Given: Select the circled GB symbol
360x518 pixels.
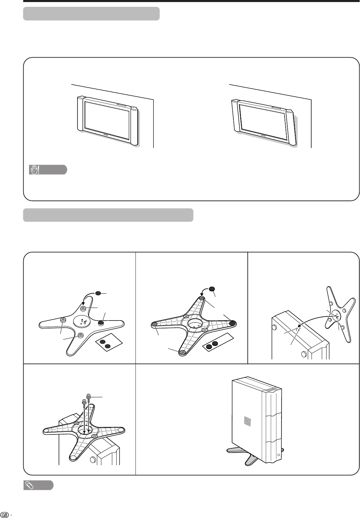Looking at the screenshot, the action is click(x=5, y=515).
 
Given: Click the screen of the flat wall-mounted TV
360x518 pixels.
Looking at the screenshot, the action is click(x=107, y=120).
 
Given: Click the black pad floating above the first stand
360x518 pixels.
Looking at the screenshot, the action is click(x=98, y=293).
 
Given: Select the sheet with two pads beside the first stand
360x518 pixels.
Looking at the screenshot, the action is click(x=109, y=342).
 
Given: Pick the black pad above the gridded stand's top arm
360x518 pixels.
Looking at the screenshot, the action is click(x=212, y=288).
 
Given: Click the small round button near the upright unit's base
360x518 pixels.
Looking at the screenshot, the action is click(x=278, y=455).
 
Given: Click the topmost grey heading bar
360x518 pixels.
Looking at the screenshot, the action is click(x=91, y=14).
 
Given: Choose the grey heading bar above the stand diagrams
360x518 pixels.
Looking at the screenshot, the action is click(x=108, y=215).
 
